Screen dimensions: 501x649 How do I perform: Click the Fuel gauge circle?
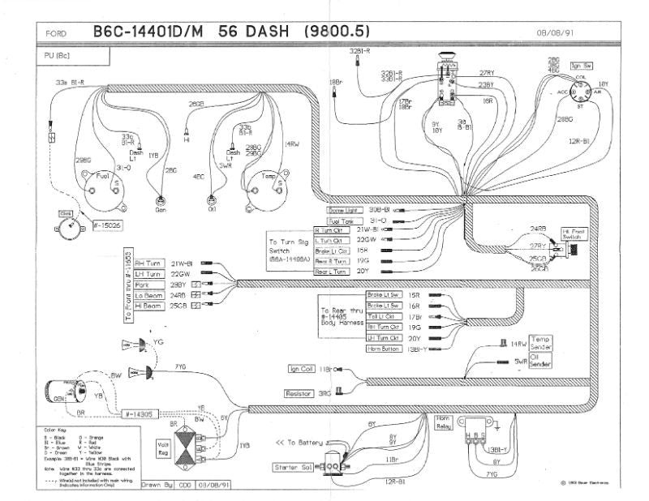point(101,182)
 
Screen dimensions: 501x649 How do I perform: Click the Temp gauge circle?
point(267,182)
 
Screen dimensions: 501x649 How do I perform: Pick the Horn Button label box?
point(383,348)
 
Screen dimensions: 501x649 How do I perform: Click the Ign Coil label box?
point(307,369)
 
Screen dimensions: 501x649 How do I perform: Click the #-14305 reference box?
point(140,414)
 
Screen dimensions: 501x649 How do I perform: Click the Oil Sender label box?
point(541,364)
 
